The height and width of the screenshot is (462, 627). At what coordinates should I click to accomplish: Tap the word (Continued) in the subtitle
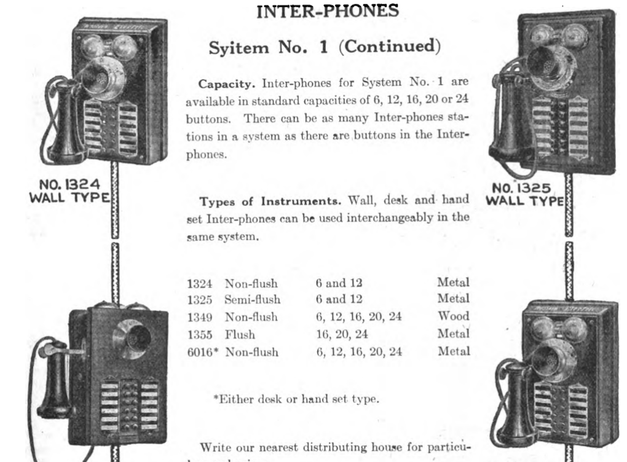click(390, 47)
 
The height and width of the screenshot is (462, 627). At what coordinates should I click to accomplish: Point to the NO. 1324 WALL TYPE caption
click(69, 190)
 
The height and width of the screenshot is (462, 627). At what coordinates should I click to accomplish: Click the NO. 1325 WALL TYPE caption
click(524, 194)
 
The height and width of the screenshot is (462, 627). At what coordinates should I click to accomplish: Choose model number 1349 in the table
click(200, 318)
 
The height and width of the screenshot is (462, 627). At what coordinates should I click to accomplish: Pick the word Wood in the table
click(454, 316)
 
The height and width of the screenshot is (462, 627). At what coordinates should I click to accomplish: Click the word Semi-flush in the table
click(252, 300)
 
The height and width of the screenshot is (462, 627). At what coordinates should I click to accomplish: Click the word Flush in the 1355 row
click(240, 335)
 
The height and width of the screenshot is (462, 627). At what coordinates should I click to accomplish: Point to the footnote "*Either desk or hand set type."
click(296, 399)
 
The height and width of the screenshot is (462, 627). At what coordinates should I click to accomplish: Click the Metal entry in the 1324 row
click(453, 283)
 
